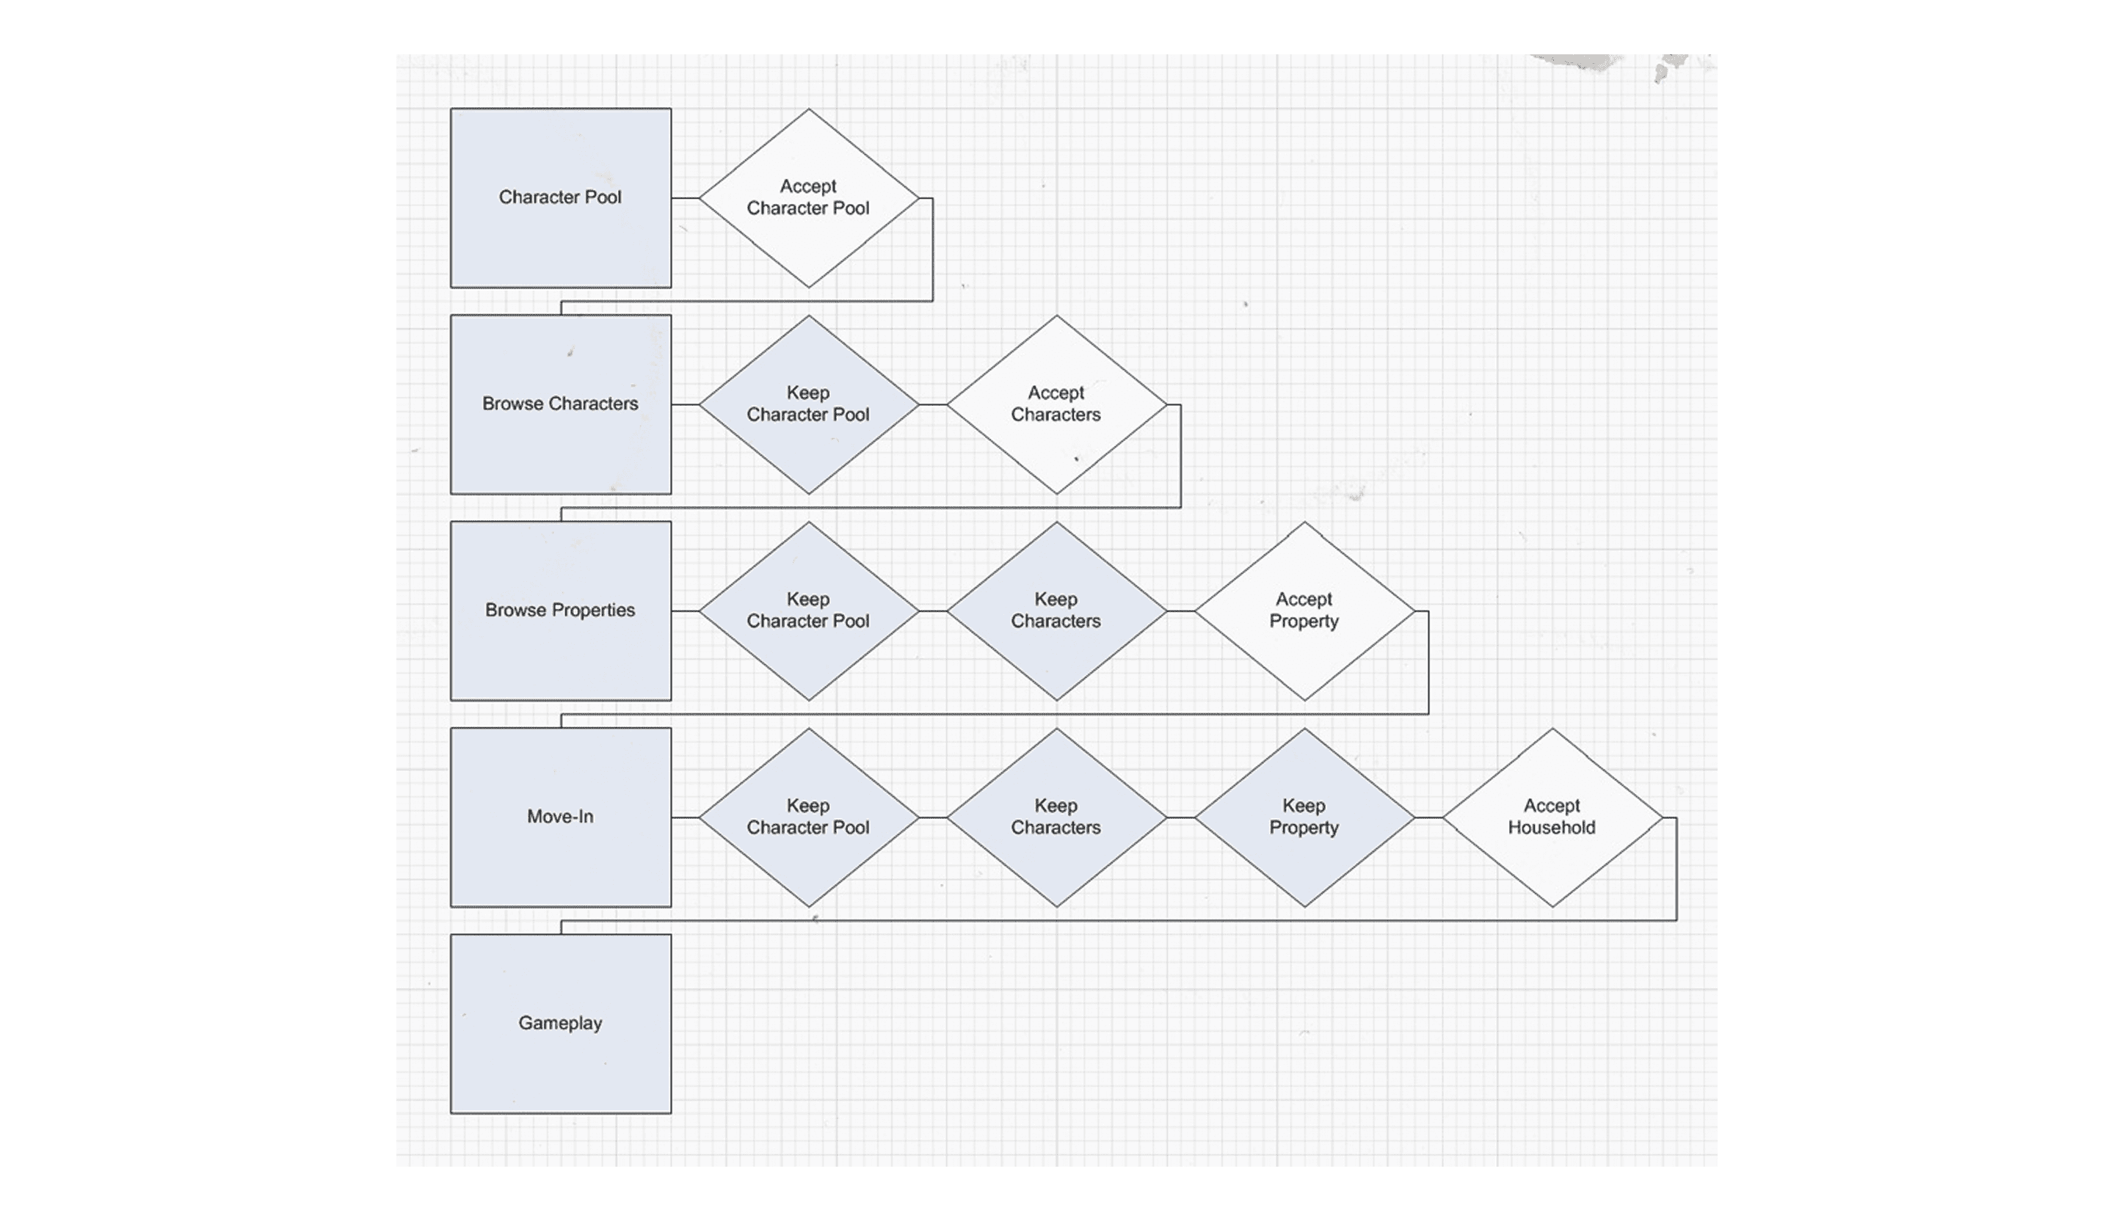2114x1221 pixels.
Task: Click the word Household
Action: tap(1552, 828)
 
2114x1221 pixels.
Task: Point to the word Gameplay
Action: tap(560, 1023)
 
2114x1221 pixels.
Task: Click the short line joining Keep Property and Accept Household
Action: tap(1428, 817)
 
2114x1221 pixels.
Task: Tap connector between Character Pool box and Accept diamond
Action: tap(685, 198)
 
